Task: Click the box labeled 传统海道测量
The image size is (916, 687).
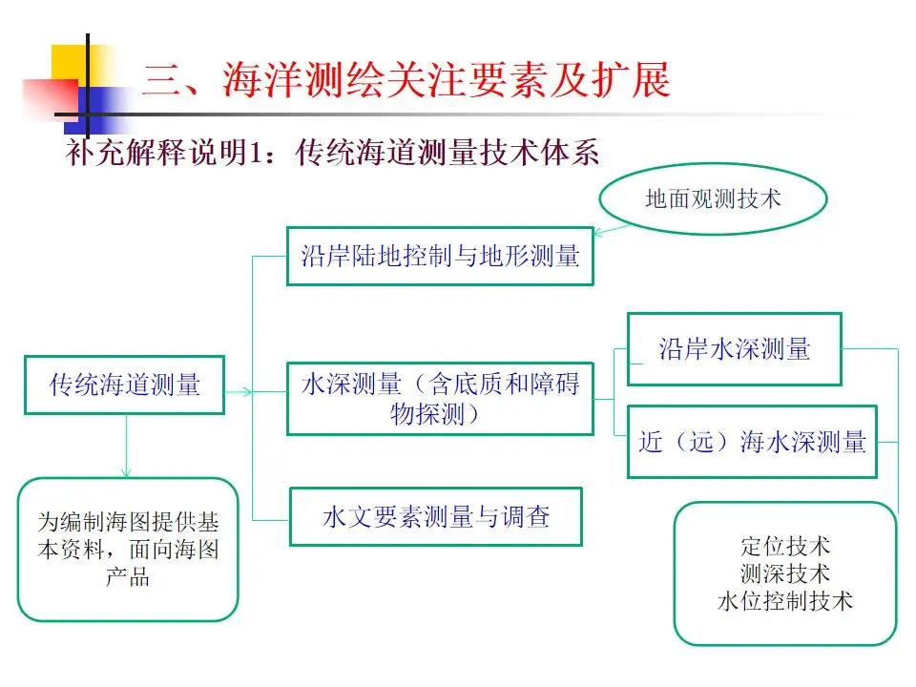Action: pyautogui.click(x=124, y=385)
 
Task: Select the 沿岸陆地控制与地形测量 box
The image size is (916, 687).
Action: pyautogui.click(x=440, y=256)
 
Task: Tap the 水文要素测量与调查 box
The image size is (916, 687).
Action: pyautogui.click(x=435, y=517)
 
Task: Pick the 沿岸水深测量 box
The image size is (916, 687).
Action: pyautogui.click(x=734, y=349)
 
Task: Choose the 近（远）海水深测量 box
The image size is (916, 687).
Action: pyautogui.click(x=752, y=442)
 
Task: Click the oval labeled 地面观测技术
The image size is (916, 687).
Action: pyautogui.click(x=713, y=198)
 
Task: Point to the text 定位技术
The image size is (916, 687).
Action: pyautogui.click(x=785, y=547)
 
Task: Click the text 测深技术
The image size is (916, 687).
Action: pyautogui.click(x=785, y=573)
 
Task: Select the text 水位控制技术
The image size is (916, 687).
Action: pyautogui.click(x=785, y=601)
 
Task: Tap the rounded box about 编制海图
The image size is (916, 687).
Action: pyautogui.click(x=128, y=550)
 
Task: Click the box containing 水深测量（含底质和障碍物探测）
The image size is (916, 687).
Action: pyautogui.click(x=440, y=399)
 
